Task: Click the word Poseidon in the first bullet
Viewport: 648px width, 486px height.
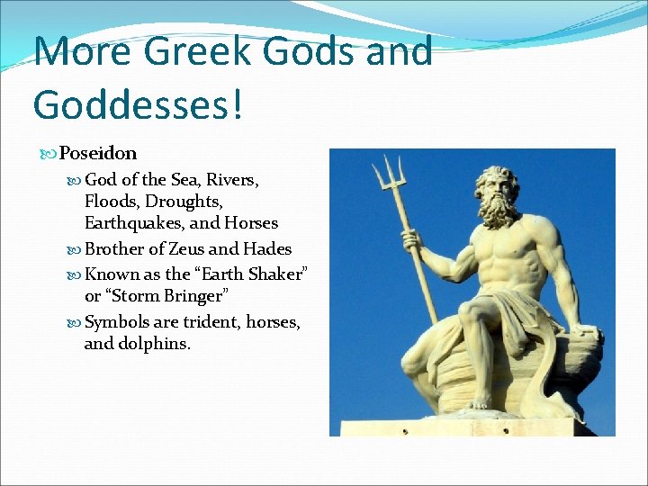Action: tap(98, 154)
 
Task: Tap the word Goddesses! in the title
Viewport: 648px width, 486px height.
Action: tap(138, 103)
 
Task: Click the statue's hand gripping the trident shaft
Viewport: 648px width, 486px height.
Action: tap(412, 241)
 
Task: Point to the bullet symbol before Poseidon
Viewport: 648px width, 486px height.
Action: tap(49, 155)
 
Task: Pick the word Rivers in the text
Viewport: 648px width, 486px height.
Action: tap(233, 180)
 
